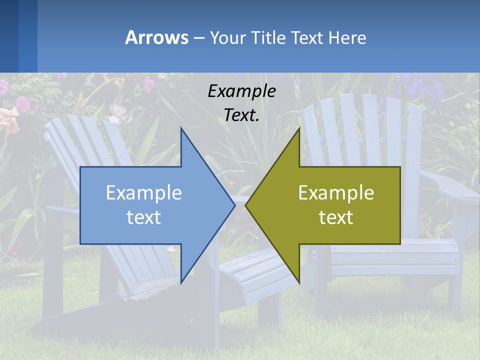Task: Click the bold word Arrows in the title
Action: tap(156, 37)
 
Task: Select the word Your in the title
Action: tap(227, 37)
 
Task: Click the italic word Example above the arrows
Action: tap(241, 91)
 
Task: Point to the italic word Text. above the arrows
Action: tap(241, 115)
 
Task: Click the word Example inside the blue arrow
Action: tap(143, 192)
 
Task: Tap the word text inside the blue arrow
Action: tap(143, 217)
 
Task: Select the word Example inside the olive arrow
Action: tap(336, 192)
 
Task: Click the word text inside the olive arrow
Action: tap(336, 217)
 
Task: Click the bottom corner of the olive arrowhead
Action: tap(299, 281)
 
